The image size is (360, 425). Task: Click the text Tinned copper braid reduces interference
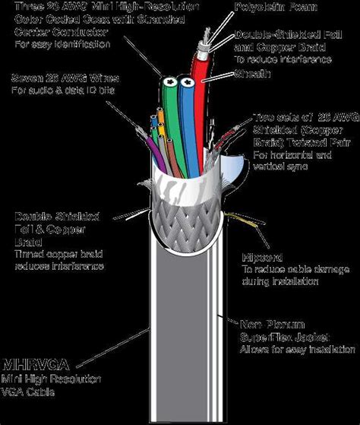pos(58,260)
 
